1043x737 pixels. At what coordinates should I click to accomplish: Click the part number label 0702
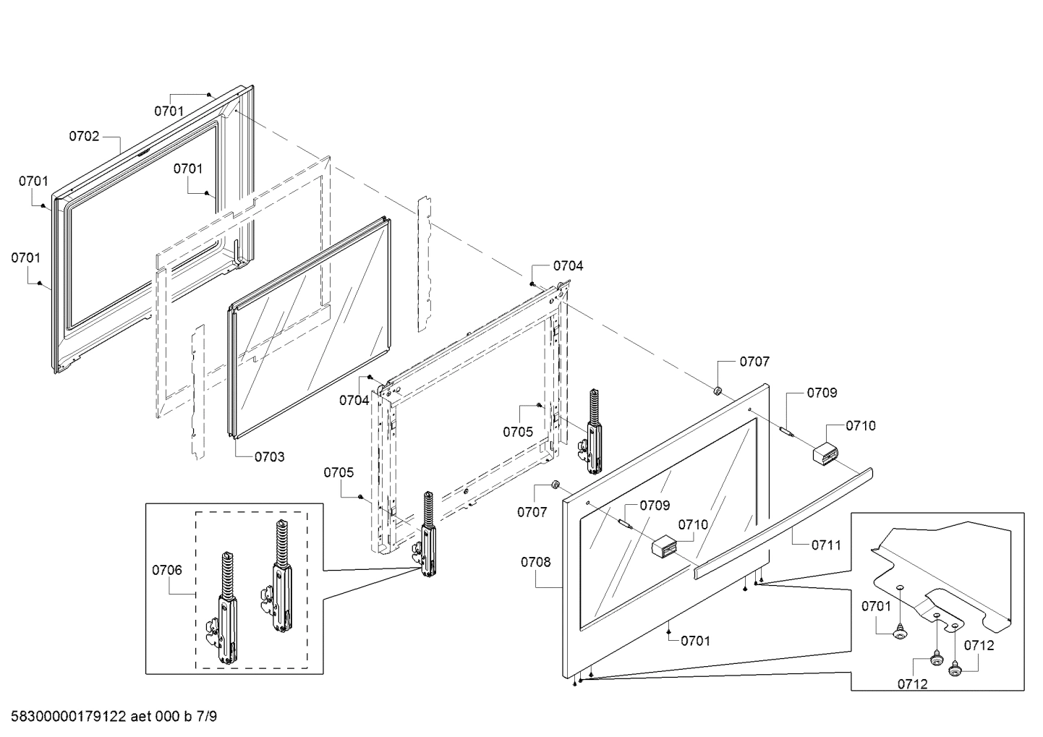click(84, 136)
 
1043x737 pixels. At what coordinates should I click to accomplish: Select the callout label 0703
click(269, 456)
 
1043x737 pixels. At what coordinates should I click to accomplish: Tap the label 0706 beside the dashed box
click(166, 570)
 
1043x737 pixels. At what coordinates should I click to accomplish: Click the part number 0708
click(535, 561)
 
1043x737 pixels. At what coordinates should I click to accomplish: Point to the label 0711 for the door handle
click(826, 545)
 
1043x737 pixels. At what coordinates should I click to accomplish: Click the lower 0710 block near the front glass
click(665, 548)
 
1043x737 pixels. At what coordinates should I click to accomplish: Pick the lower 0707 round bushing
click(556, 484)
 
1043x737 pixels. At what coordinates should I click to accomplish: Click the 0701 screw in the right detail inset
click(901, 634)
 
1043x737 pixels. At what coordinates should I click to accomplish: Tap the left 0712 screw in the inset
click(935, 659)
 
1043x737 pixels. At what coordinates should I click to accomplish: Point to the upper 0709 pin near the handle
click(786, 433)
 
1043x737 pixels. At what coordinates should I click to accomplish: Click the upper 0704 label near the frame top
click(568, 265)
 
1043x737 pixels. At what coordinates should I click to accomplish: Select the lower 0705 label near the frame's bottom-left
click(339, 472)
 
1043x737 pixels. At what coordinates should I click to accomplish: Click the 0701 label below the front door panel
click(695, 640)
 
